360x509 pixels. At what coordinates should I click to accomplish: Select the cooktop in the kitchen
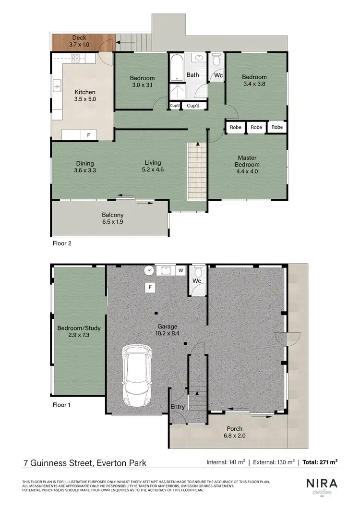pyautogui.click(x=75, y=59)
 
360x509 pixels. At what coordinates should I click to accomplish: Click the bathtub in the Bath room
pyautogui.click(x=175, y=68)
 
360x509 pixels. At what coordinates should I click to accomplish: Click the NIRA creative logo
pyautogui.click(x=322, y=486)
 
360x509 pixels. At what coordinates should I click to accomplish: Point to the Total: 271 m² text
pyautogui.click(x=320, y=462)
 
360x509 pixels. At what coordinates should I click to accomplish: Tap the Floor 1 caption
pyautogui.click(x=61, y=405)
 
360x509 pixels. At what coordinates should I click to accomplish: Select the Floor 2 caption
pyautogui.click(x=61, y=243)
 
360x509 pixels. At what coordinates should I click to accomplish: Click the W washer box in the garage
pyautogui.click(x=181, y=271)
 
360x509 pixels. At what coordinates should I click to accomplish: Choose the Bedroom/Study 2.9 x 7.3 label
pyautogui.click(x=79, y=331)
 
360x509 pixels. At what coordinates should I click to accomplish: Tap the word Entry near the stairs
pyautogui.click(x=178, y=407)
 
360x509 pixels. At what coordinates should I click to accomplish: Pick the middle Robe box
pyautogui.click(x=256, y=127)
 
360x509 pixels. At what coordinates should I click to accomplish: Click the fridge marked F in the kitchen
pyautogui.click(x=88, y=135)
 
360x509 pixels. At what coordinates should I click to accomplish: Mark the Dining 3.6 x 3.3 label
pyautogui.click(x=84, y=166)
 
